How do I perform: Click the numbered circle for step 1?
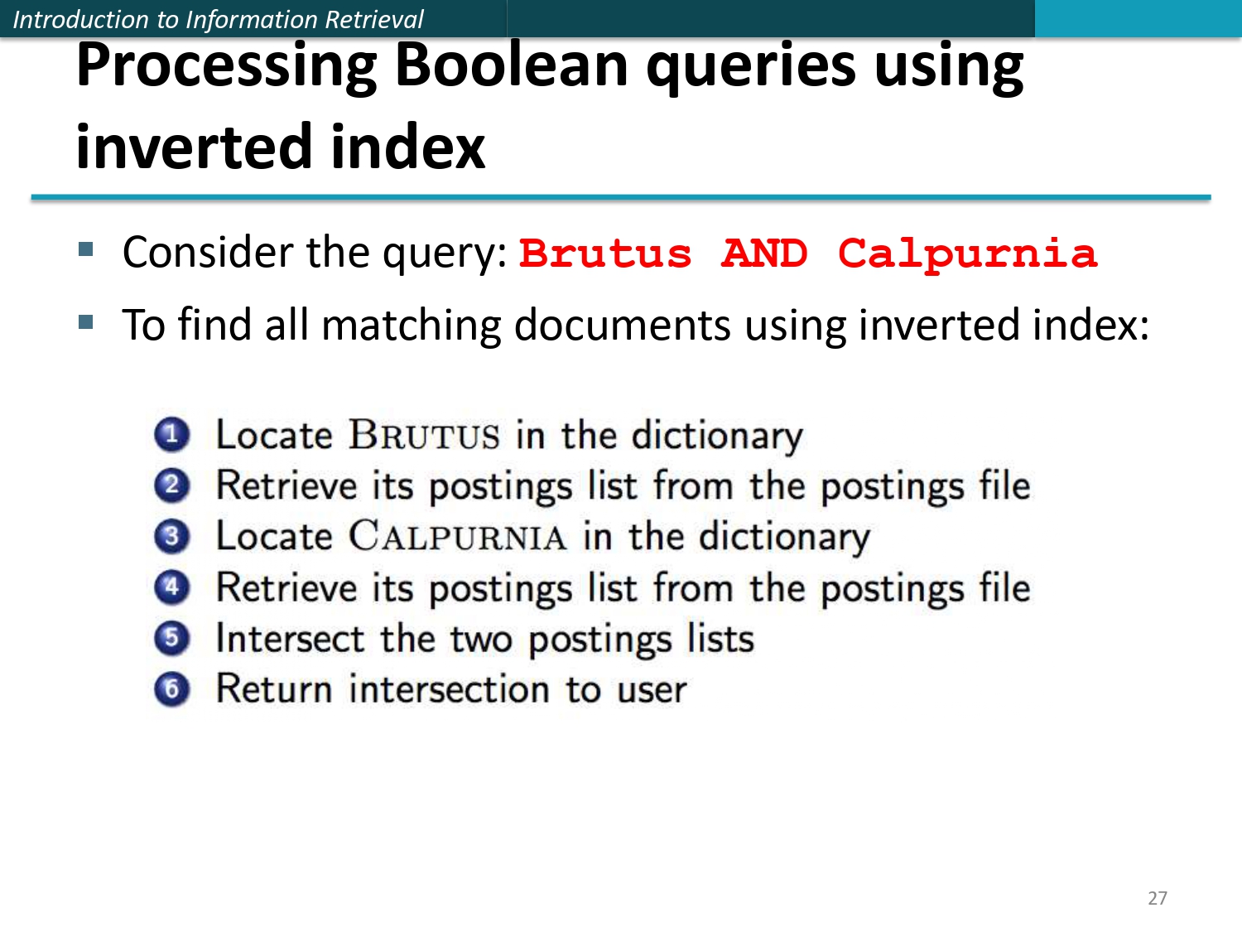[171, 434]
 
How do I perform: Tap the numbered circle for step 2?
[171, 485]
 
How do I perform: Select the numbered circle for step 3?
[171, 536]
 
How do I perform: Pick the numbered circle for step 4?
[171, 587]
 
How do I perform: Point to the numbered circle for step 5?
[171, 638]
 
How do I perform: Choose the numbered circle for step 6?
[171, 689]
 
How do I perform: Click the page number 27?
[1157, 898]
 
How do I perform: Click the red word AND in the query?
[763, 254]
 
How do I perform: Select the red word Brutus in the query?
[604, 254]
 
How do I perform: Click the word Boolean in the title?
[511, 66]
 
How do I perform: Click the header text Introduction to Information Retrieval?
[218, 19]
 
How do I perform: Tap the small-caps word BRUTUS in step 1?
[424, 436]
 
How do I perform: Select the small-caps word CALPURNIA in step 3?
[457, 537]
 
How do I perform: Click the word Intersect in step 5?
[290, 639]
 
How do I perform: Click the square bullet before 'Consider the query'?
[86, 249]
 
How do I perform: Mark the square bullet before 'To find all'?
[86, 321]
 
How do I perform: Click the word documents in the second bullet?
[622, 325]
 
